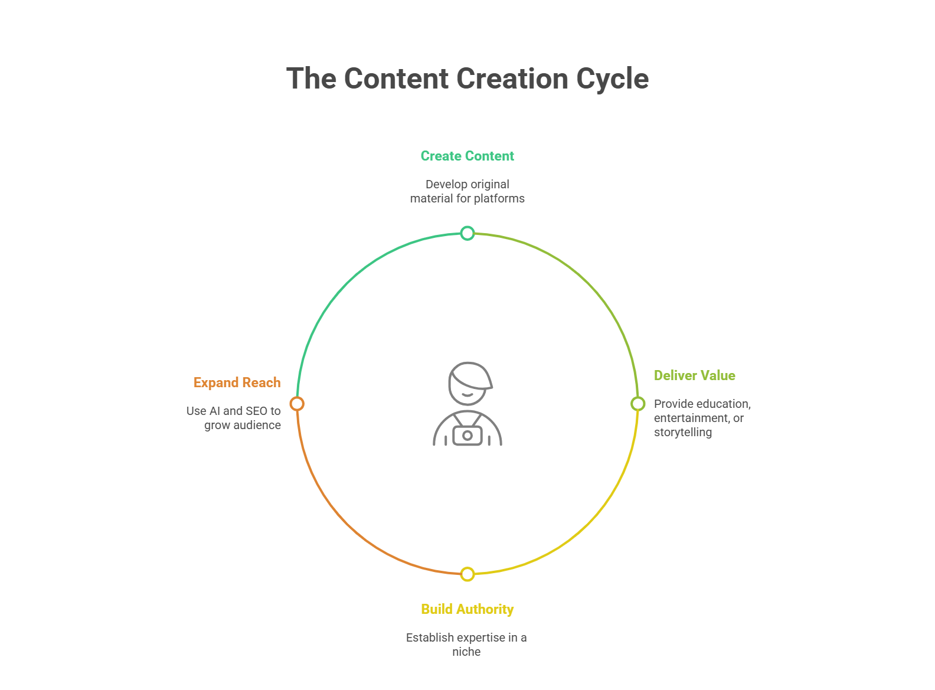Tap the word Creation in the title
[x=512, y=79]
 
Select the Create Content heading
[x=467, y=156]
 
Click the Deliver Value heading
[x=694, y=375]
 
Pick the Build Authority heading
[x=467, y=609]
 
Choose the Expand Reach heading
[x=237, y=382]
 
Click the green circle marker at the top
[x=467, y=233]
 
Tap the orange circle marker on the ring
[x=297, y=404]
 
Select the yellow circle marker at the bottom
[x=467, y=574]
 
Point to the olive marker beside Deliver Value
[x=637, y=404]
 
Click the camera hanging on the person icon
[x=467, y=436]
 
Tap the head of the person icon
[x=469, y=384]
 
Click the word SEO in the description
[x=257, y=411]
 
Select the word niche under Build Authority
[x=466, y=652]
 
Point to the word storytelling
[x=682, y=432]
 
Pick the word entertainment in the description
[x=690, y=418]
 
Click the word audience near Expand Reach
[x=256, y=425]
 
